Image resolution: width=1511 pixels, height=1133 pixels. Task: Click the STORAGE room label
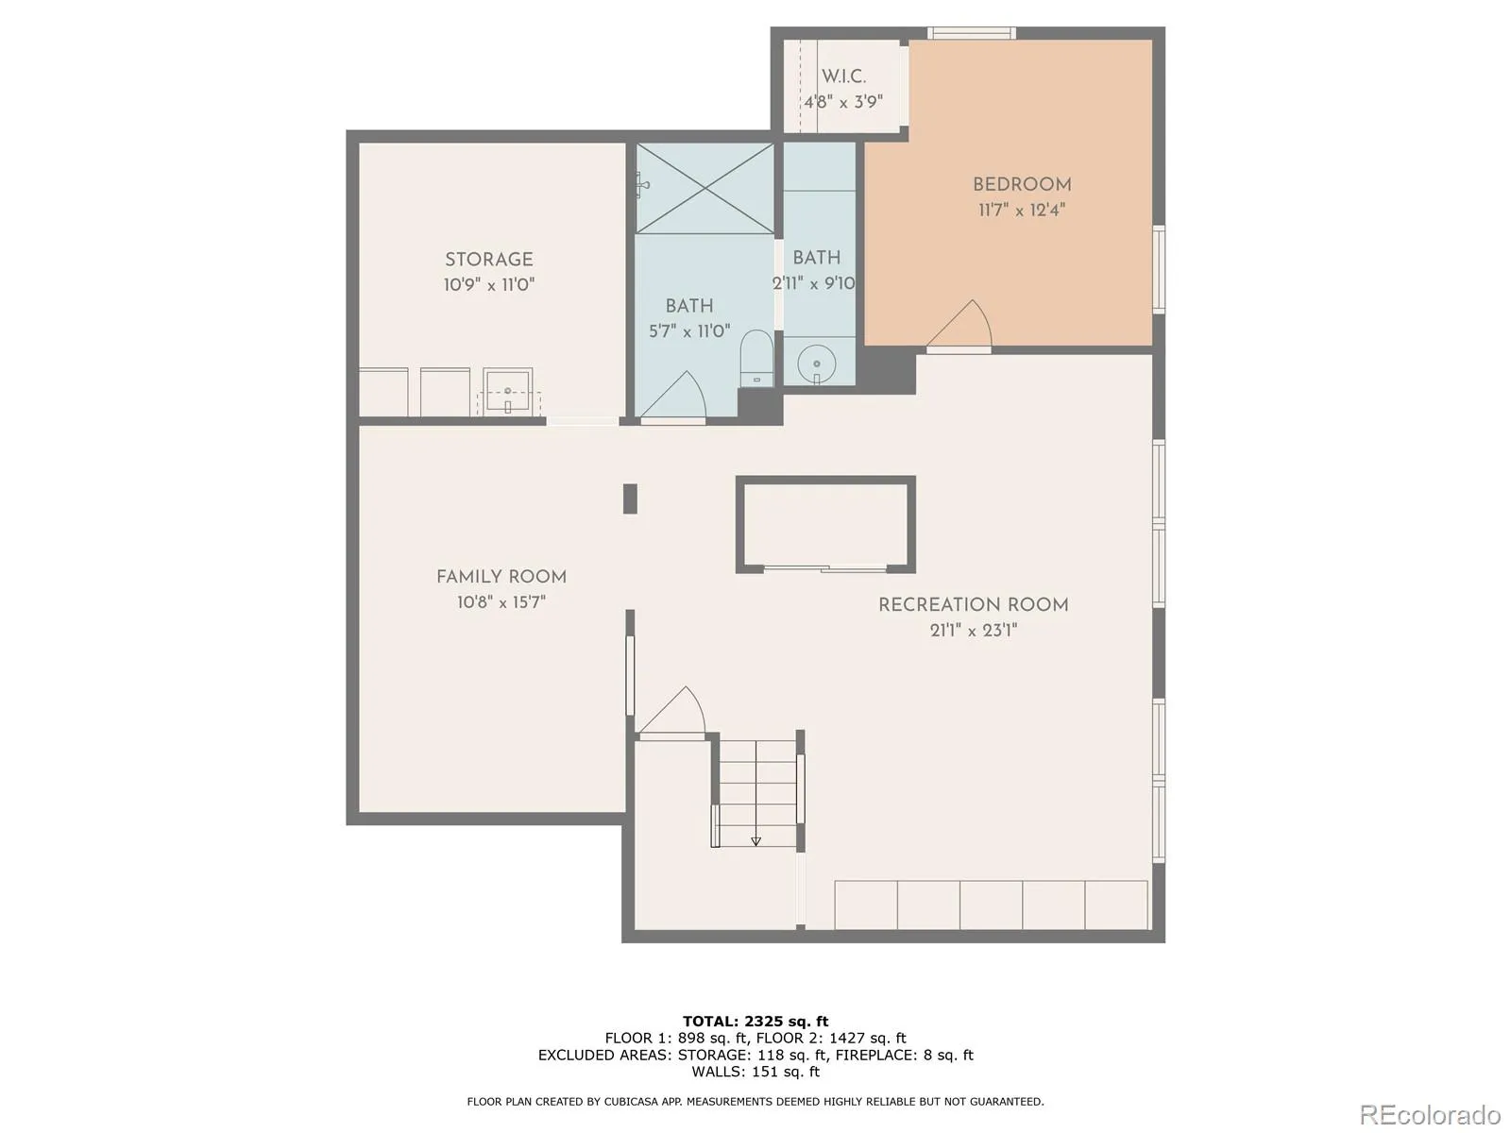point(489,260)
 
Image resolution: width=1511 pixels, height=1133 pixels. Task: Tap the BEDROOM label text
point(1022,184)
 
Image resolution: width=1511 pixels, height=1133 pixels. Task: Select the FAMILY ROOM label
point(501,577)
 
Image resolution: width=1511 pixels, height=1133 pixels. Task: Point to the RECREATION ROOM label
point(974,604)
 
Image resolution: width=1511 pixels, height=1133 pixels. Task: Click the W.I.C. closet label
point(844,76)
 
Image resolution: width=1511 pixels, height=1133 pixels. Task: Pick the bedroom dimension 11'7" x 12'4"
point(1022,210)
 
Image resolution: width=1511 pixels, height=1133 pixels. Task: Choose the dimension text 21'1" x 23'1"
point(974,630)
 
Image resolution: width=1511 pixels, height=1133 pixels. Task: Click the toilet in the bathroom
point(756,359)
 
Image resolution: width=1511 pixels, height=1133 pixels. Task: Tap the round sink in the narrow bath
point(817,364)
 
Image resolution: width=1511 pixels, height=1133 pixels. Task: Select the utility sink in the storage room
point(508,392)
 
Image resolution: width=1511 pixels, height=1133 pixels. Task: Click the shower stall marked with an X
point(705,189)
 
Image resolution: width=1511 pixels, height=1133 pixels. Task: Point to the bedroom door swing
point(959,325)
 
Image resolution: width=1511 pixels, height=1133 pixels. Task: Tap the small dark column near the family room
point(630,499)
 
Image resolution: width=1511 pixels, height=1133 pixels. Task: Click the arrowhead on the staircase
point(755,840)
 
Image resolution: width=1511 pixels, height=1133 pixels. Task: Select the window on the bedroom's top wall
point(972,33)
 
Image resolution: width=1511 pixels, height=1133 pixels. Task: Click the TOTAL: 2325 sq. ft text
point(755,1022)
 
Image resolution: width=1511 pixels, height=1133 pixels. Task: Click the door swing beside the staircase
point(671,711)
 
